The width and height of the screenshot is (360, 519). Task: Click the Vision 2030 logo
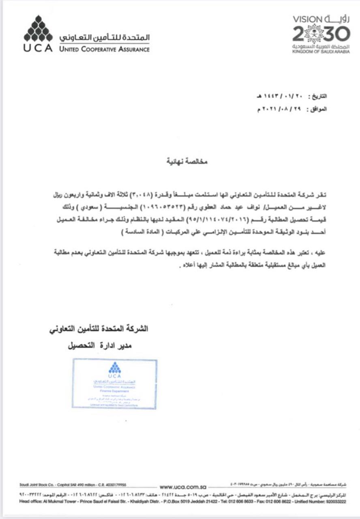[321, 34]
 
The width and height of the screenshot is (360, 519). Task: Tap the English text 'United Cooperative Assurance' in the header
[104, 49]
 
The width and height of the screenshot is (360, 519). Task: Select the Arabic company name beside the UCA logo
[104, 38]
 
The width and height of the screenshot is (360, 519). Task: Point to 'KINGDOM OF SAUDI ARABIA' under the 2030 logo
[321, 52]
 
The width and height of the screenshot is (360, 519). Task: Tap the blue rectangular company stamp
[114, 383]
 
